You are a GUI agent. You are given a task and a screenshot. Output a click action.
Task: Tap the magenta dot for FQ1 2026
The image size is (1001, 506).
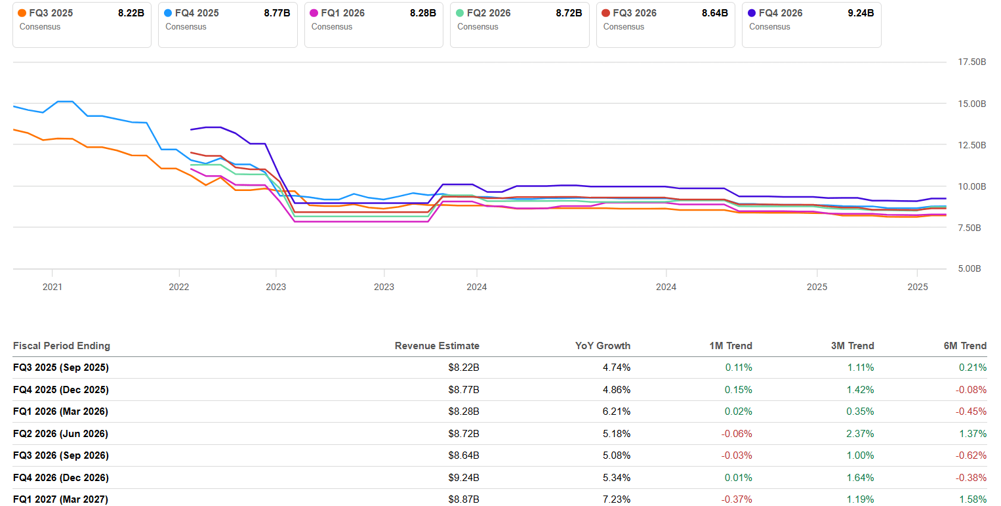[x=314, y=13]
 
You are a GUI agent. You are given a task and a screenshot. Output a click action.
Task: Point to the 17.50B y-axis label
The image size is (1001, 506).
[x=968, y=62]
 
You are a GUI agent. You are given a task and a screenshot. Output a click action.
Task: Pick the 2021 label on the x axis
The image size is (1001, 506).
[x=52, y=287]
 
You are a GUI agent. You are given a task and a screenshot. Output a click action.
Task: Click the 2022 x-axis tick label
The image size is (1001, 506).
[x=179, y=287]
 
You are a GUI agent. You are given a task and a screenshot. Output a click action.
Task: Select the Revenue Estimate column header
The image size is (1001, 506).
[x=437, y=346]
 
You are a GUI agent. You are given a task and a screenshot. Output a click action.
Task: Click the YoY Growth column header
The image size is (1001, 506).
[x=603, y=346]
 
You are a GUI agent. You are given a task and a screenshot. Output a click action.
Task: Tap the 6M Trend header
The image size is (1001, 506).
[x=965, y=346]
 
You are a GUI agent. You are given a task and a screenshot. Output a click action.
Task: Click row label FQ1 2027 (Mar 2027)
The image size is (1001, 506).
[x=60, y=499]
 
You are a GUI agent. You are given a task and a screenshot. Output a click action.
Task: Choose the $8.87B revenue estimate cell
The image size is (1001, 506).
[x=464, y=499]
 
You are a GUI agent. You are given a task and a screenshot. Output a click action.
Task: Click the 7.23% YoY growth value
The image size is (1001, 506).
[x=617, y=499]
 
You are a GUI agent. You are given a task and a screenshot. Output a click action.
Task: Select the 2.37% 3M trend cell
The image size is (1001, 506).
[x=860, y=434]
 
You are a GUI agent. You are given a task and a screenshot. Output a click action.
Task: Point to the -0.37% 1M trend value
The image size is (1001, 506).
[x=737, y=499]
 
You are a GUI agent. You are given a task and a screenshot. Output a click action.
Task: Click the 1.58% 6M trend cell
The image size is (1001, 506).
[x=973, y=499]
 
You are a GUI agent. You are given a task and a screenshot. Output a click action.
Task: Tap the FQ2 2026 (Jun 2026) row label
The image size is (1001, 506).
[x=60, y=434]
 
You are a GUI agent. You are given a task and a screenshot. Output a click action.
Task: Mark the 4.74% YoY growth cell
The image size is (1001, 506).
[x=617, y=368]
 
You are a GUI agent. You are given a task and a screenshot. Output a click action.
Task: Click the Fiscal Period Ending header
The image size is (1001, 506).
[x=62, y=346]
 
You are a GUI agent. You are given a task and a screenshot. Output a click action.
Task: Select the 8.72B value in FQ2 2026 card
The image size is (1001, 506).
[x=568, y=13]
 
